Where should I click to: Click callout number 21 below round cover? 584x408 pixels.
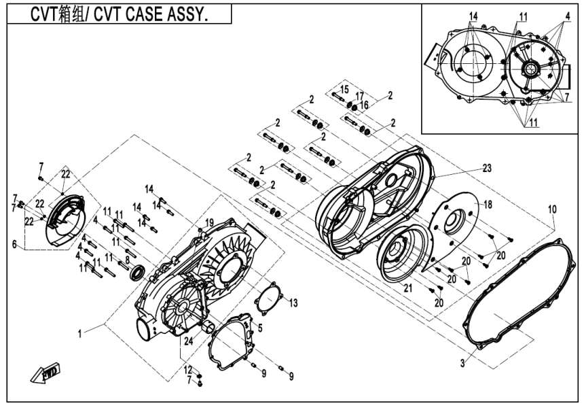point(409,288)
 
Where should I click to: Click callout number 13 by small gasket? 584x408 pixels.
point(294,301)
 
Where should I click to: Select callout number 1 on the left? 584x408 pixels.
point(80,333)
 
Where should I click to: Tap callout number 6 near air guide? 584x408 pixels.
point(14,244)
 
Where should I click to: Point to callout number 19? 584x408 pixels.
point(209,222)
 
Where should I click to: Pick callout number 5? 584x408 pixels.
point(259,327)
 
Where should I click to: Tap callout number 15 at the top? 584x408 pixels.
point(344,90)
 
